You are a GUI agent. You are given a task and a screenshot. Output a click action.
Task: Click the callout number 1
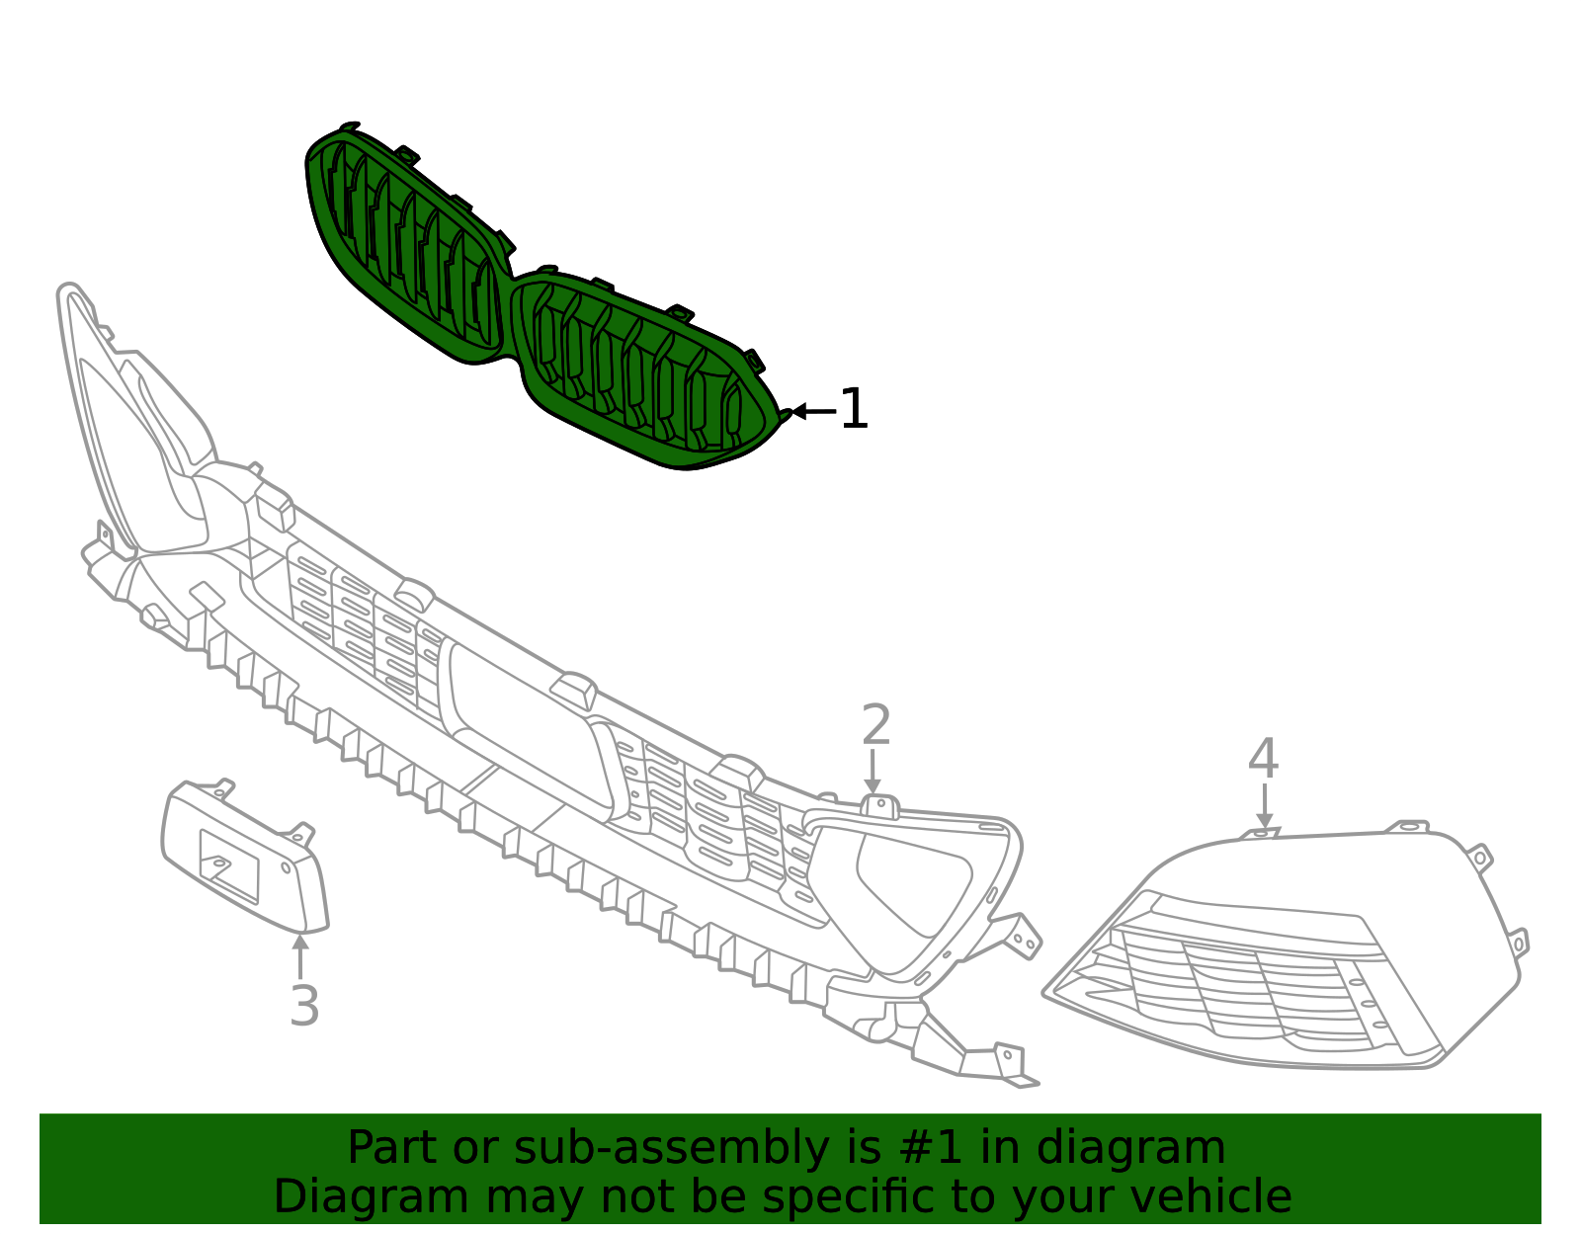pyautogui.click(x=854, y=409)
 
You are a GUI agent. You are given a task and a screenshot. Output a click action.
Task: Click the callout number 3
pyautogui.click(x=304, y=1006)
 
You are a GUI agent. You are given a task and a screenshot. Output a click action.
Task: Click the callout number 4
pyautogui.click(x=1263, y=759)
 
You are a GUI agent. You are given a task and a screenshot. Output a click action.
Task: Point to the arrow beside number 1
pyautogui.click(x=813, y=412)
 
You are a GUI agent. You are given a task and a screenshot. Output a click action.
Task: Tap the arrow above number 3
pyautogui.click(x=299, y=956)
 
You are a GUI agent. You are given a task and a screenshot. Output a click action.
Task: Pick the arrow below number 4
pyautogui.click(x=1265, y=805)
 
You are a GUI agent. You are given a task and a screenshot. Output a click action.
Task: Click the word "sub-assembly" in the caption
pyautogui.click(x=671, y=1147)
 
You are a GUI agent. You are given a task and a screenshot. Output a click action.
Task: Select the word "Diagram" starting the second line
pyautogui.click(x=372, y=1197)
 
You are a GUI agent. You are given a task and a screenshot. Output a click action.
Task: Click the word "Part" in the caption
pyautogui.click(x=393, y=1147)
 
